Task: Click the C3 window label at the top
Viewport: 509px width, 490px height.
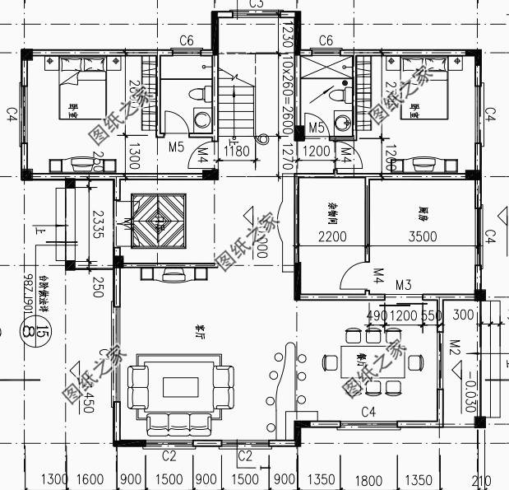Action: click(256, 4)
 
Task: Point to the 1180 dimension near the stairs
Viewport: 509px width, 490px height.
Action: click(237, 151)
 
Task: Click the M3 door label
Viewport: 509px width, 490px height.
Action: click(403, 285)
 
